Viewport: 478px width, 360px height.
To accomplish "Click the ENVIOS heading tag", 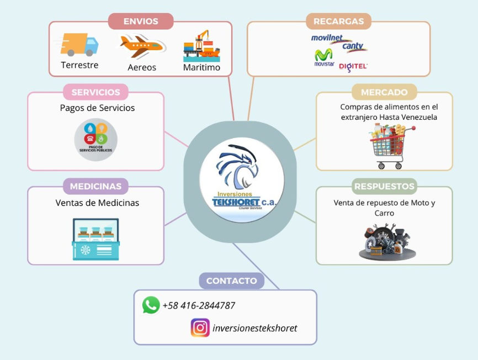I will (141, 22).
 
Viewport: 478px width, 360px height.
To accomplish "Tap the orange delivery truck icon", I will (79, 45).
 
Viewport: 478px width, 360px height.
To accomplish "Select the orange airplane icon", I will (142, 47).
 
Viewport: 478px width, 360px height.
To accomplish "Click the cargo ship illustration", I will (201, 46).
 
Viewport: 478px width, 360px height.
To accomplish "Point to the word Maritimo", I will (201, 67).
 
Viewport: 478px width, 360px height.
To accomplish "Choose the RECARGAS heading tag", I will (338, 22).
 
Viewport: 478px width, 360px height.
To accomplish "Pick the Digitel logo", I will (353, 66).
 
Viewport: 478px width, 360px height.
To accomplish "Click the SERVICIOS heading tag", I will (95, 92).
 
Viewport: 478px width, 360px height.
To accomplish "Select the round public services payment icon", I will (96, 139).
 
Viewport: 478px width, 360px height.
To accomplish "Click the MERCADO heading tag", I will (384, 92).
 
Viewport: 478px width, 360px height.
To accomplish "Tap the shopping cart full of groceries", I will (391, 145).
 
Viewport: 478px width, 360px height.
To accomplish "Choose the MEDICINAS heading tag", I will (95, 186).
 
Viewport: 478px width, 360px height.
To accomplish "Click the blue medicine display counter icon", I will (95, 239).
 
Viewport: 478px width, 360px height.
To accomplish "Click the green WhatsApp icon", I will (151, 305).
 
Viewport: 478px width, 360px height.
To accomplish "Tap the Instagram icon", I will (200, 328).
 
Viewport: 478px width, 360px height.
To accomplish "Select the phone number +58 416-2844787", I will (199, 305).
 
